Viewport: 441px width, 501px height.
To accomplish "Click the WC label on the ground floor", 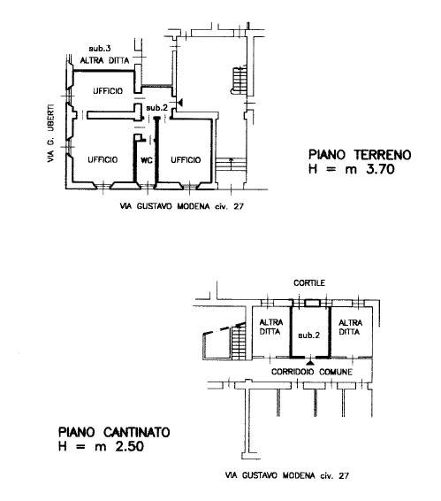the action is (147, 160).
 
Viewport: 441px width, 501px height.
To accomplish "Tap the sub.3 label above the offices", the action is (100, 49).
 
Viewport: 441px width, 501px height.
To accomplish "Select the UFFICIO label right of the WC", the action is (186, 159).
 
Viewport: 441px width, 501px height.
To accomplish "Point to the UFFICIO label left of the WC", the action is (103, 159).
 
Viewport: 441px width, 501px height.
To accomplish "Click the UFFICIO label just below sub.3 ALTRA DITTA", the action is (108, 91).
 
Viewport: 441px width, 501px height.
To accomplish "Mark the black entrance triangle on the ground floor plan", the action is (180, 103).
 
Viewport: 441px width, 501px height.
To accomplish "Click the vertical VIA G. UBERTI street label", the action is (50, 134).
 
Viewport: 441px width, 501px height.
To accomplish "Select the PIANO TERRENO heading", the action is (360, 155).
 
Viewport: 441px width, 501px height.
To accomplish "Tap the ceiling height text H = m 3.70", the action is (352, 169).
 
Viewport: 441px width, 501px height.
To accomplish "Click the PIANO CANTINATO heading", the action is (114, 432).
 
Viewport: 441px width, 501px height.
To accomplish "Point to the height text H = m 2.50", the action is (101, 446).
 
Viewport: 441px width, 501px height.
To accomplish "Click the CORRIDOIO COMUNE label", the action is (312, 372).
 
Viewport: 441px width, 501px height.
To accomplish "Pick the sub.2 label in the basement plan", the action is (309, 335).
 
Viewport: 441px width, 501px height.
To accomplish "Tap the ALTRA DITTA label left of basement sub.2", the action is (271, 327).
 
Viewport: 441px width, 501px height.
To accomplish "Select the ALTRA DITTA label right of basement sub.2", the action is (350, 328).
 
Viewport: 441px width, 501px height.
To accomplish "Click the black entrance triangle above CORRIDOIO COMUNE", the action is (309, 362).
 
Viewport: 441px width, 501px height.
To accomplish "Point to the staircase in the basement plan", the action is (239, 341).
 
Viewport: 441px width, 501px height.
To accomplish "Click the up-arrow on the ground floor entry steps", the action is (231, 164).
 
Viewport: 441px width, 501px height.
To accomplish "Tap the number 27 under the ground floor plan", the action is (239, 206).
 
